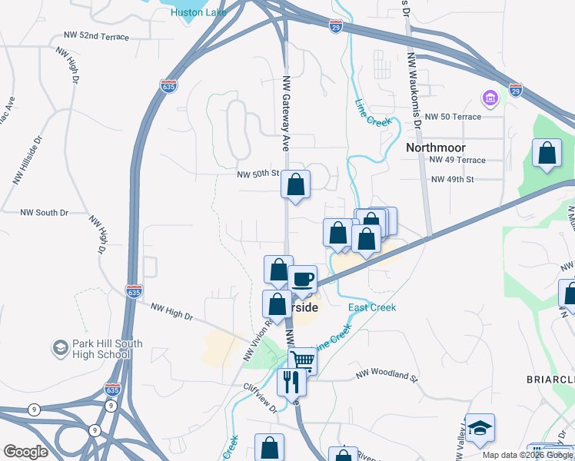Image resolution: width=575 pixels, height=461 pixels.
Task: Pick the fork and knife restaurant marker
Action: tap(291, 380)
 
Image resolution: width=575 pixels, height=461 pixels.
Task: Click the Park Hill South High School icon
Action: tap(60, 349)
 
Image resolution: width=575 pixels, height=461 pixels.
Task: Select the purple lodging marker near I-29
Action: tap(489, 98)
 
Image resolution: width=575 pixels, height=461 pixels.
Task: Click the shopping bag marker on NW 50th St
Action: tap(296, 184)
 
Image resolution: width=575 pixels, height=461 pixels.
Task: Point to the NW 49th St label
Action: tap(454, 179)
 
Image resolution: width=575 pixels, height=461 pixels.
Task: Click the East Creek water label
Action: tap(372, 307)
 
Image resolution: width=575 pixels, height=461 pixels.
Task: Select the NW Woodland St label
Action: tap(386, 377)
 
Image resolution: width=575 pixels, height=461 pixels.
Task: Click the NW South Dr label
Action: tap(44, 212)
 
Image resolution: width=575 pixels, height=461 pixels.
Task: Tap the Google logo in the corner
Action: tap(25, 452)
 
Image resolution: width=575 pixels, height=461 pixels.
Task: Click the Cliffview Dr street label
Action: tap(260, 399)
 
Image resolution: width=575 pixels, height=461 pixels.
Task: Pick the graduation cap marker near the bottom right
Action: tap(480, 428)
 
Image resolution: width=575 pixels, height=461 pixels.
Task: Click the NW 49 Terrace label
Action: tap(458, 160)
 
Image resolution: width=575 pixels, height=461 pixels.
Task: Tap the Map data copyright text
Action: tap(527, 455)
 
